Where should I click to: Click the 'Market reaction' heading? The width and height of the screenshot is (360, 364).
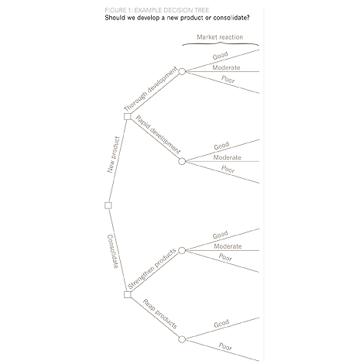coord(220,36)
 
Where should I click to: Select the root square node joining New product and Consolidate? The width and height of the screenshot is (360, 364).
coord(108,205)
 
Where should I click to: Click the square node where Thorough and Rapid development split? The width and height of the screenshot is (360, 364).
coord(127,116)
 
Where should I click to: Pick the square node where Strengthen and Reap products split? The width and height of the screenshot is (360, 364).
coord(127,294)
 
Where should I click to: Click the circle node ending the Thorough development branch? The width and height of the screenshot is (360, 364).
coord(182,71)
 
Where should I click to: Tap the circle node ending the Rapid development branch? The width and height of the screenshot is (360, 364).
coord(182,161)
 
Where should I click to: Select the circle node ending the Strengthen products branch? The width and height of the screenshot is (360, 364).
coord(182,250)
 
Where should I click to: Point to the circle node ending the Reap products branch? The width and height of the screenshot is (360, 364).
coord(182,339)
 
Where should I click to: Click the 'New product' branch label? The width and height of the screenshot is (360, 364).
coord(113,155)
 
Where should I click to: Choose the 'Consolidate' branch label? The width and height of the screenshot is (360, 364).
coord(113,252)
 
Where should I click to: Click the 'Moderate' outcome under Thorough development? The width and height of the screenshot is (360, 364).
coord(225,68)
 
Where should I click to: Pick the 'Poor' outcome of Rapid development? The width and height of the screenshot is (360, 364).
coord(228,169)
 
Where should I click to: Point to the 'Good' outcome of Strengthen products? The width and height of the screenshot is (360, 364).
coord(221,235)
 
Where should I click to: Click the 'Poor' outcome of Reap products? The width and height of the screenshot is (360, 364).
coord(226,347)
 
